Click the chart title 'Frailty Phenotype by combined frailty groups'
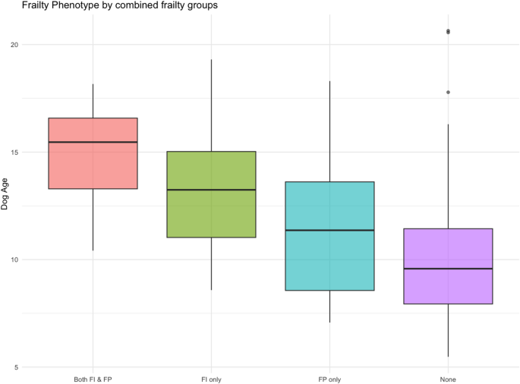pyautogui.click(x=109, y=6)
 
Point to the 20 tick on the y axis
pyautogui.click(x=14, y=45)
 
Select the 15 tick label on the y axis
pyautogui.click(x=14, y=153)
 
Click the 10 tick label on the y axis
pyautogui.click(x=14, y=260)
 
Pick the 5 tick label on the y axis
pyautogui.click(x=16, y=368)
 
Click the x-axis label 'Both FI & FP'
pyautogui.click(x=93, y=378)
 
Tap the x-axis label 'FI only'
pyautogui.click(x=211, y=378)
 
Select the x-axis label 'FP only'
pyautogui.click(x=329, y=378)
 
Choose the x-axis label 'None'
pyautogui.click(x=448, y=378)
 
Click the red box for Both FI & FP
pyautogui.click(x=93, y=163)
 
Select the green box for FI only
pyautogui.click(x=211, y=212)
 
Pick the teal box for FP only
pyautogui.click(x=329, y=258)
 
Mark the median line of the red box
pyautogui.click(x=93, y=142)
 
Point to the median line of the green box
pyautogui.click(x=211, y=190)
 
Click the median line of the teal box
pyautogui.click(x=329, y=230)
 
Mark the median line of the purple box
pyautogui.click(x=448, y=269)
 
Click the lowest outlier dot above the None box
pyautogui.click(x=448, y=92)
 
